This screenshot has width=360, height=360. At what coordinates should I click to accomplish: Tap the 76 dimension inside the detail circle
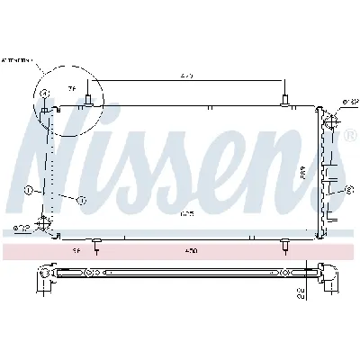click(x=72, y=88)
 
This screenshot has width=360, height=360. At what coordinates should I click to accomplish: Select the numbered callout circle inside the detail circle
click(x=42, y=94)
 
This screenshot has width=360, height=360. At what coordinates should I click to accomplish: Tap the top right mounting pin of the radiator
click(x=284, y=99)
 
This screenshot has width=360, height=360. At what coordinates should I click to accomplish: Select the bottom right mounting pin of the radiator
click(x=284, y=243)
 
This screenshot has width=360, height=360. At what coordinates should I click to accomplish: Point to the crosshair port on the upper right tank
click(x=329, y=119)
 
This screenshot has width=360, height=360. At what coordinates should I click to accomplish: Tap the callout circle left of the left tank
click(x=29, y=191)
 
